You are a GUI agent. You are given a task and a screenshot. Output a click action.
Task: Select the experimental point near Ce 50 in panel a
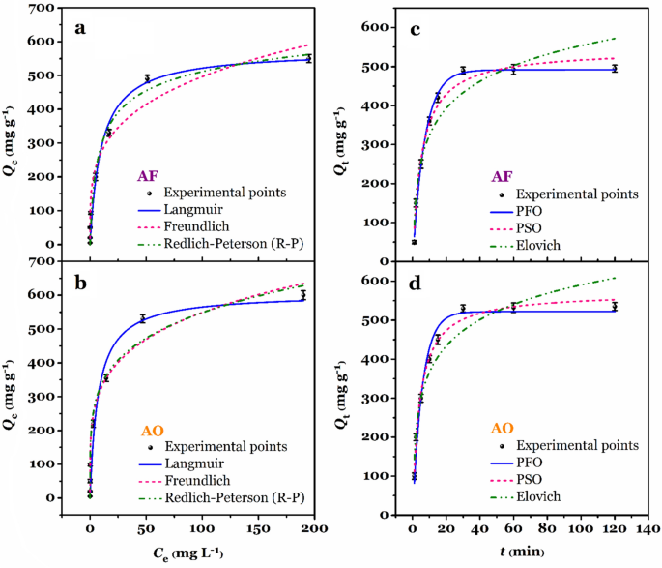(x=147, y=78)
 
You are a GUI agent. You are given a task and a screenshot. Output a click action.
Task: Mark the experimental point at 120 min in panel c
(x=614, y=69)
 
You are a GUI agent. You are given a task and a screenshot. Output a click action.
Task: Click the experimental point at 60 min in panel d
(x=513, y=307)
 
